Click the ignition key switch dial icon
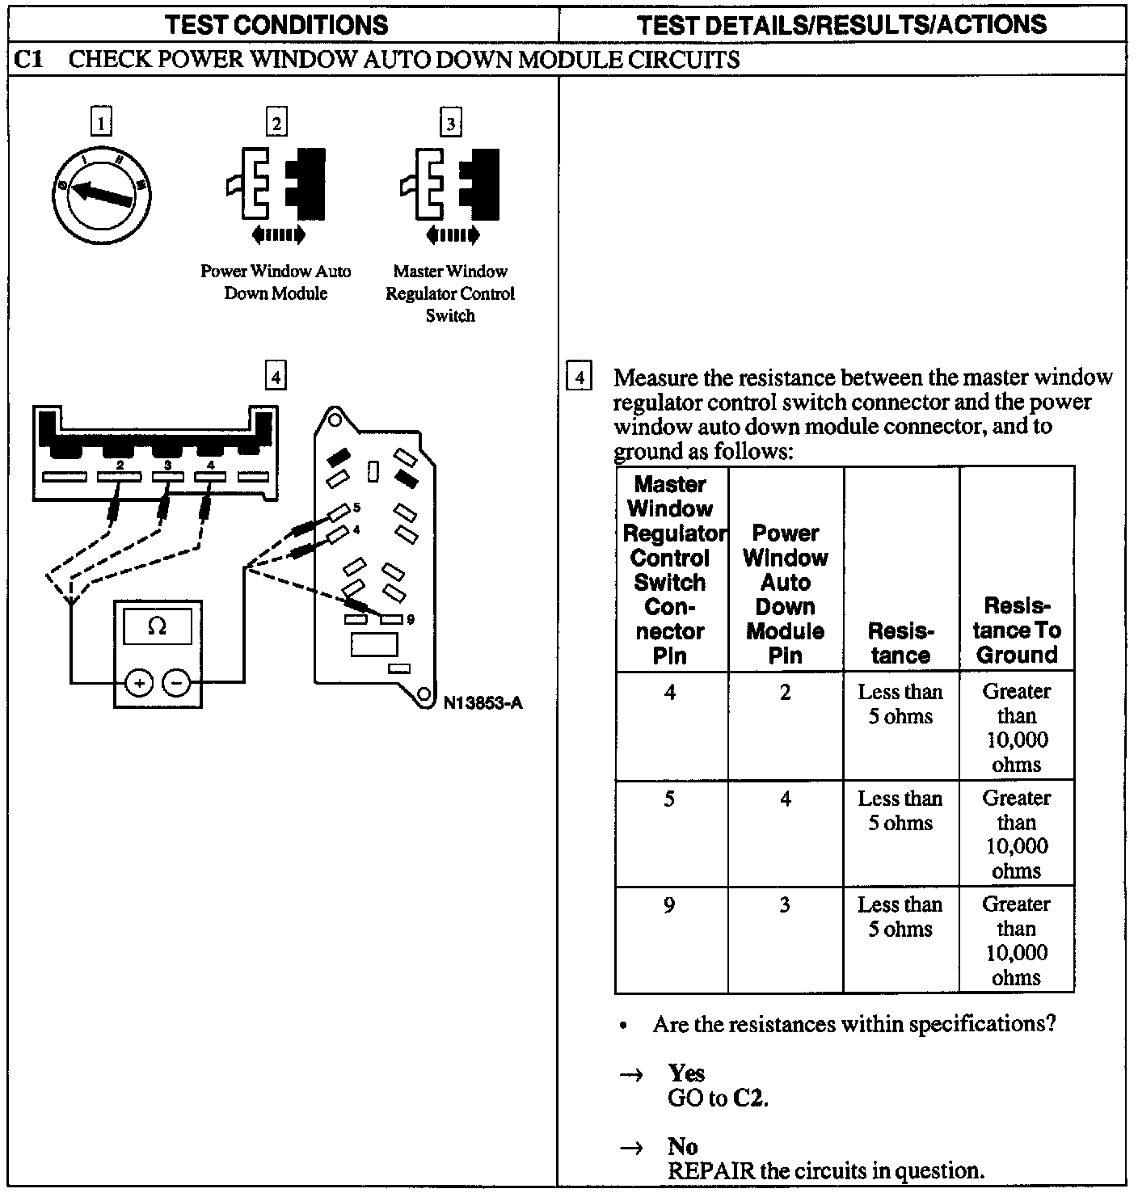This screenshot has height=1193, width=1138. coord(100,194)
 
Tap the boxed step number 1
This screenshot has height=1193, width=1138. coord(101,123)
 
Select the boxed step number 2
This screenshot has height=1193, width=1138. coord(276,123)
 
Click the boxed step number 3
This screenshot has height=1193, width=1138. coord(450,123)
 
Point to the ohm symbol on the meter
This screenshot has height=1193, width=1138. coord(157,626)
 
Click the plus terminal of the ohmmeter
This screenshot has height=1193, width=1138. coord(139,683)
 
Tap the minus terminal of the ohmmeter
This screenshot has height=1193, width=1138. coord(177,683)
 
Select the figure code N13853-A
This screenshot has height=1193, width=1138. coord(483,702)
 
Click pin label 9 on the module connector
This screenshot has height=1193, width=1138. coord(411,619)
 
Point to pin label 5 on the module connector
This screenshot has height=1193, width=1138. coord(356,508)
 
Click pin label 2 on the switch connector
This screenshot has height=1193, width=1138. coord(120,465)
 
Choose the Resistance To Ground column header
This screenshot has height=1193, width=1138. coord(1017,630)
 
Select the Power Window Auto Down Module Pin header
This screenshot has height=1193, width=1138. coord(785,594)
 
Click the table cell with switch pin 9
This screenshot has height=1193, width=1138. coord(669,905)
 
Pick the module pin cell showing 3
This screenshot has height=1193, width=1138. coord(785,905)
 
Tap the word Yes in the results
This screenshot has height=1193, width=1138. coord(686,1073)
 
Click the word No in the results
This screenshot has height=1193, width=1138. coord(682,1146)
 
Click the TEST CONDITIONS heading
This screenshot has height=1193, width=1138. coord(276,24)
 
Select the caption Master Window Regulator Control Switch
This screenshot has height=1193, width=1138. coord(450,293)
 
